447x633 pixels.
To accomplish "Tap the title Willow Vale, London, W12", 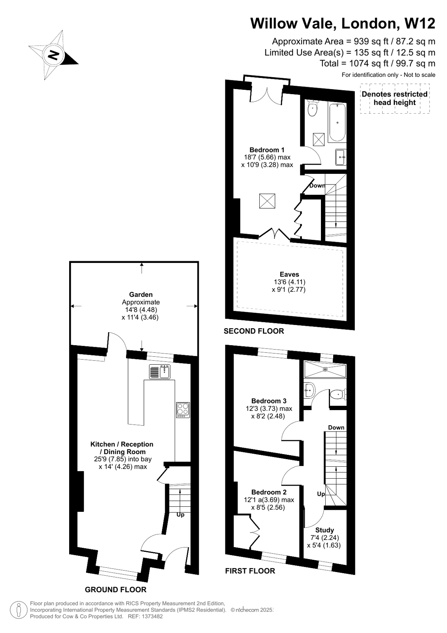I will pyautogui.click(x=343, y=23).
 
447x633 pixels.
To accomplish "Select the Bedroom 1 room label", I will pyautogui.click(x=267, y=150).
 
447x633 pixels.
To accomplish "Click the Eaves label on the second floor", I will pyautogui.click(x=289, y=274).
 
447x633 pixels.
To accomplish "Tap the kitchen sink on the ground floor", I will pyautogui.click(x=160, y=372).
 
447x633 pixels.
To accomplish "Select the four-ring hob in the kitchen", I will pyautogui.click(x=183, y=410).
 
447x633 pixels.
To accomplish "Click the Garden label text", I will pyautogui.click(x=141, y=295).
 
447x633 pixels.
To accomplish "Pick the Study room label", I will pyautogui.click(x=324, y=530).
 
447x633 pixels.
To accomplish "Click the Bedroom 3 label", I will pyautogui.click(x=269, y=401).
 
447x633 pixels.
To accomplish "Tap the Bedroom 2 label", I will pyautogui.click(x=269, y=492).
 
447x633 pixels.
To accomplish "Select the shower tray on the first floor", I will pyautogui.click(x=325, y=369).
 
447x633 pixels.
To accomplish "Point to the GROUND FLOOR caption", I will pyautogui.click(x=115, y=589).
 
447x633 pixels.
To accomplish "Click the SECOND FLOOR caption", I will pyautogui.click(x=254, y=331).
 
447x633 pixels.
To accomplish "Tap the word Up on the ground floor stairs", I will pyautogui.click(x=180, y=515).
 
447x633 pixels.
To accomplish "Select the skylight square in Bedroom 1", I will pyautogui.click(x=267, y=201).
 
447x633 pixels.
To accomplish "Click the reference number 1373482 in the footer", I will pyautogui.click(x=150, y=616).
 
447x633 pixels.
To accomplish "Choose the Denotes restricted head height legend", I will pyautogui.click(x=394, y=98).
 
